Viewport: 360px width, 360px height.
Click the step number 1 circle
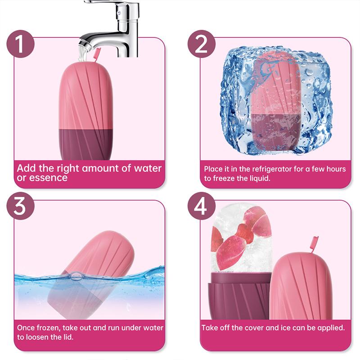tap(20, 44)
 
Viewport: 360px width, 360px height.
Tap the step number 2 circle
tap(201, 44)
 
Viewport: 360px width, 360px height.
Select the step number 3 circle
tap(20, 206)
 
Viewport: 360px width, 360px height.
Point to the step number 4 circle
tap(201, 206)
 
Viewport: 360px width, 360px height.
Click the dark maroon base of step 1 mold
tap(86, 144)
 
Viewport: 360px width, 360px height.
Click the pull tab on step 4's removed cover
tap(314, 244)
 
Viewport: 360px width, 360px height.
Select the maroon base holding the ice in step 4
tap(240, 296)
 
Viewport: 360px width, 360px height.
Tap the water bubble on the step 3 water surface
tap(76, 275)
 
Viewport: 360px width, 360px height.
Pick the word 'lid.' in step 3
tap(68, 337)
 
